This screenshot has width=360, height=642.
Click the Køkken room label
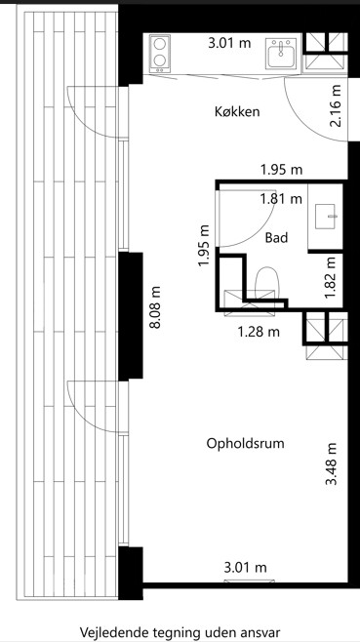pos(237,111)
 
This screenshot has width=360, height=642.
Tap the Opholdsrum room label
pos(245,443)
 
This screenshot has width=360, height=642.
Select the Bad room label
pos(276,237)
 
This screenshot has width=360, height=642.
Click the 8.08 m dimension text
pos(156,306)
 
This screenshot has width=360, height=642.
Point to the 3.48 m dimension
pos(332,463)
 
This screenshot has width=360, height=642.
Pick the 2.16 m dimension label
pos(336,105)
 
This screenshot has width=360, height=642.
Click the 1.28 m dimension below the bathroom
pos(259,331)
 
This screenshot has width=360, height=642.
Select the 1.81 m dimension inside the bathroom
pos(281,199)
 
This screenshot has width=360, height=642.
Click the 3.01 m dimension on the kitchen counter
pos(229,43)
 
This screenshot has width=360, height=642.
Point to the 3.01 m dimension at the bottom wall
pos(245,568)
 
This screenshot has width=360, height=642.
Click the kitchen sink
pos(281,54)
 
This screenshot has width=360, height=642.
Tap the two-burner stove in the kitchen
pos(160,54)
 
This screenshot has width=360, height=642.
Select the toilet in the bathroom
pos(266,283)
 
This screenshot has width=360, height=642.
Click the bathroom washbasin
pos(325,217)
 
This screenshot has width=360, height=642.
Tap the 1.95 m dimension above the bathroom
pos(281,170)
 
